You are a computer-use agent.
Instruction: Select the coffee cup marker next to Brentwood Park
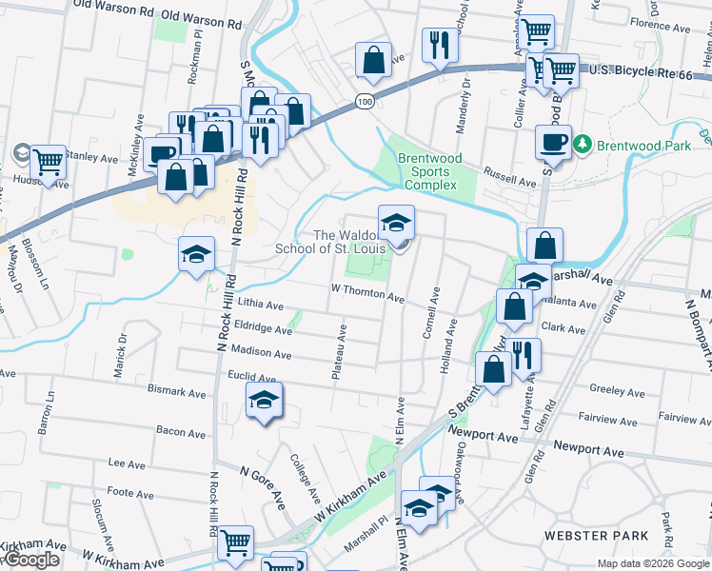pos(553,143)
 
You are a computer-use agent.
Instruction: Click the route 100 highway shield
pos(365,101)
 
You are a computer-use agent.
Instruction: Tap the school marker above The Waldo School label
pos(396,224)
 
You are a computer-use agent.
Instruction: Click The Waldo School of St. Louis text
pos(336,242)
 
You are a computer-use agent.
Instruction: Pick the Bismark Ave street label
pos(177,391)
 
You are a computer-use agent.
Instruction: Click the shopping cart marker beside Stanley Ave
pos(48,163)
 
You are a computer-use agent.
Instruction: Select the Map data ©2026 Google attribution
pos(653,563)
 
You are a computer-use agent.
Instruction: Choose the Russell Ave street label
pos(509,180)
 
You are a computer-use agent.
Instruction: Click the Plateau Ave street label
pos(339,351)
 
